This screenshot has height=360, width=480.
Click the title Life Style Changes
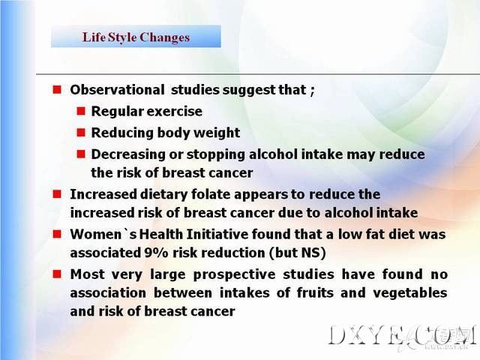click(x=136, y=37)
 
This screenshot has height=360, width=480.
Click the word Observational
click(x=117, y=90)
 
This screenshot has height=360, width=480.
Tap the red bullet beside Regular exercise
click(x=81, y=111)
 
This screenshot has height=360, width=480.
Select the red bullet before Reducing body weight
click(x=81, y=133)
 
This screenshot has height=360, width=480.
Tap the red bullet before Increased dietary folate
click(x=57, y=194)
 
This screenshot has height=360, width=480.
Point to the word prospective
click(x=234, y=274)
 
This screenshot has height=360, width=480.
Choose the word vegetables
click(x=410, y=293)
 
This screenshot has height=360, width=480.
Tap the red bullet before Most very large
click(x=57, y=274)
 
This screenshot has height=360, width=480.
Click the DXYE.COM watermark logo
click(x=403, y=336)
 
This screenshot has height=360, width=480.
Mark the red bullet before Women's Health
click(x=57, y=234)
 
